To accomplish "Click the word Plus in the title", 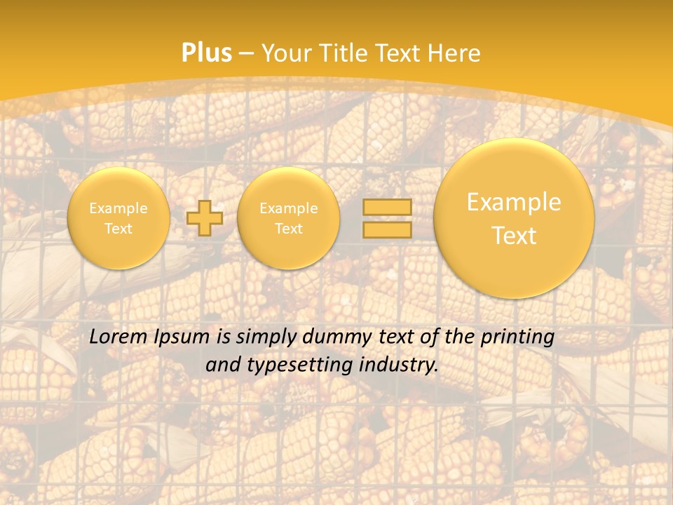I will point(207,53).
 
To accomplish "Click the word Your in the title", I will point(287,53).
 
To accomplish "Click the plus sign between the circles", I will point(205,218).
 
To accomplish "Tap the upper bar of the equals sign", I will point(387,207).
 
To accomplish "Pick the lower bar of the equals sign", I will point(387,229).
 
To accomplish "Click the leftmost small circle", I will point(118,218).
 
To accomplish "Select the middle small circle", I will point(288,218).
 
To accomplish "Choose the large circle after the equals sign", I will point(514,218).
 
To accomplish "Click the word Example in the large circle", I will point(514,202).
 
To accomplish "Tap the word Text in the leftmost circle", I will point(118,229).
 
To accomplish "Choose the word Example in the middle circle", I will point(288,208).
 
